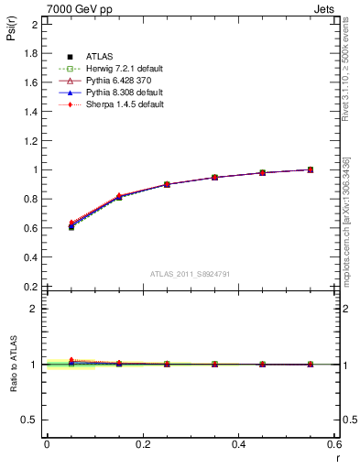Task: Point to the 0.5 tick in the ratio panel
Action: [x=30, y=420]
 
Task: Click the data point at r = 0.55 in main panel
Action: [x=311, y=169]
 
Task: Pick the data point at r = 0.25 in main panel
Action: [x=167, y=184]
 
